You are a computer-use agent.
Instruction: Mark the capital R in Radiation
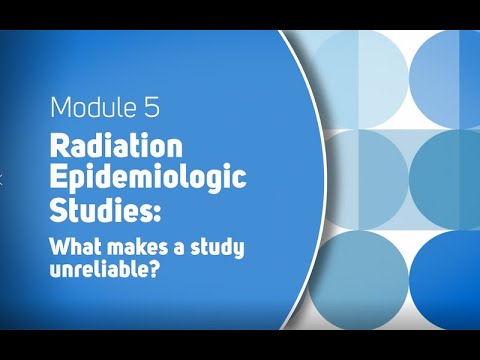[58, 146]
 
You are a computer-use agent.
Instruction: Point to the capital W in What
[57, 246]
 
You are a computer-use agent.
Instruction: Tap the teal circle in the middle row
[449, 174]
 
